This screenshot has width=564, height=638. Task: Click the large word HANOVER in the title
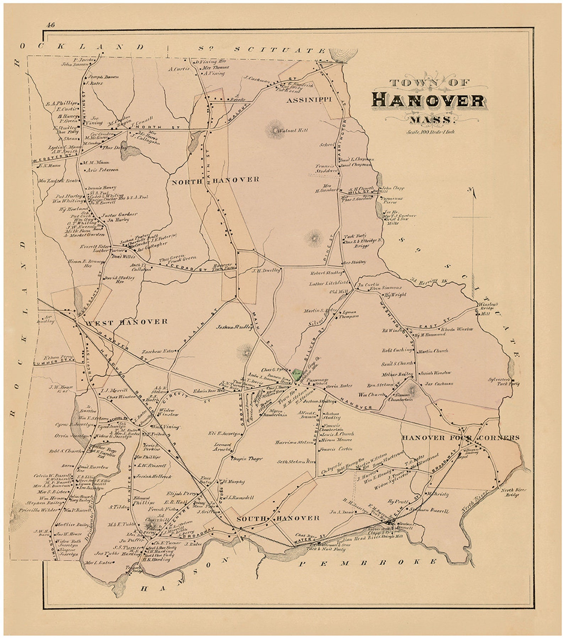pyautogui.click(x=428, y=100)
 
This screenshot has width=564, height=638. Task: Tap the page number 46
pyautogui.click(x=50, y=25)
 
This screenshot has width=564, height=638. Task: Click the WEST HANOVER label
pyautogui.click(x=127, y=322)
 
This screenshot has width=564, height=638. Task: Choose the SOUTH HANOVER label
pyautogui.click(x=278, y=518)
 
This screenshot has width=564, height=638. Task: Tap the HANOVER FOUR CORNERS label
pyautogui.click(x=461, y=438)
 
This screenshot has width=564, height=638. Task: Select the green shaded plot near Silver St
pyautogui.click(x=295, y=374)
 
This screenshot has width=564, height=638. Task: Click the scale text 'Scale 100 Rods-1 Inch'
pyautogui.click(x=431, y=132)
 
